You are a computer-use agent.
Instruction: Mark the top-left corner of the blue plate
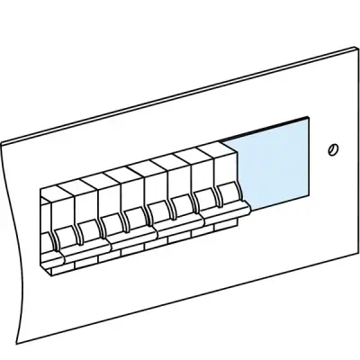pos(220,137)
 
